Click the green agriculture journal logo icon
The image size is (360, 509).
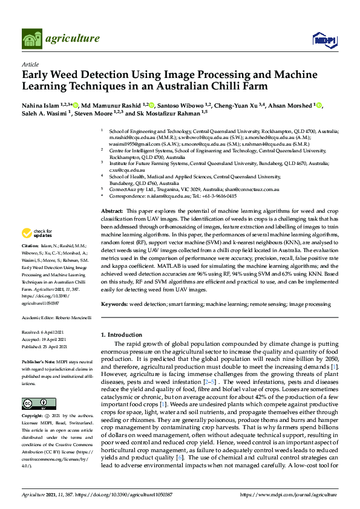(31, 39)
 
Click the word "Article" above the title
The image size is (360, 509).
(30, 64)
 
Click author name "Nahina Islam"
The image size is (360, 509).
(42, 105)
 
